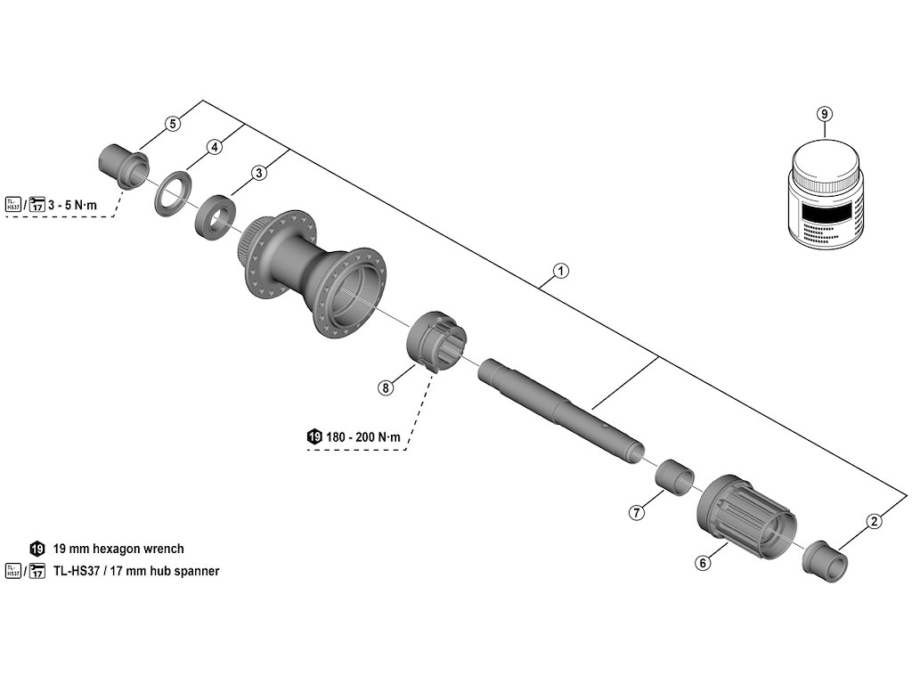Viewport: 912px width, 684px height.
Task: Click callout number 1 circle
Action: [x=560, y=270]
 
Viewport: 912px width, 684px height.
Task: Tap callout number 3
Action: [x=258, y=173]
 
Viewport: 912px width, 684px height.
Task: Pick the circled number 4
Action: [x=215, y=147]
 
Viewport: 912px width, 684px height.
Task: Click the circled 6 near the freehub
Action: [x=703, y=563]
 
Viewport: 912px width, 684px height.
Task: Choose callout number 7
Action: [x=636, y=512]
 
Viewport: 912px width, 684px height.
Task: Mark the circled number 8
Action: [x=385, y=387]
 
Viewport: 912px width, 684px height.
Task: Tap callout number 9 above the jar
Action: [x=824, y=114]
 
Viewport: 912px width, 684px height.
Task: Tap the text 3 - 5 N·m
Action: [x=85, y=206]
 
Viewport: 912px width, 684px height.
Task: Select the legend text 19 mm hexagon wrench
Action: [x=118, y=549]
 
